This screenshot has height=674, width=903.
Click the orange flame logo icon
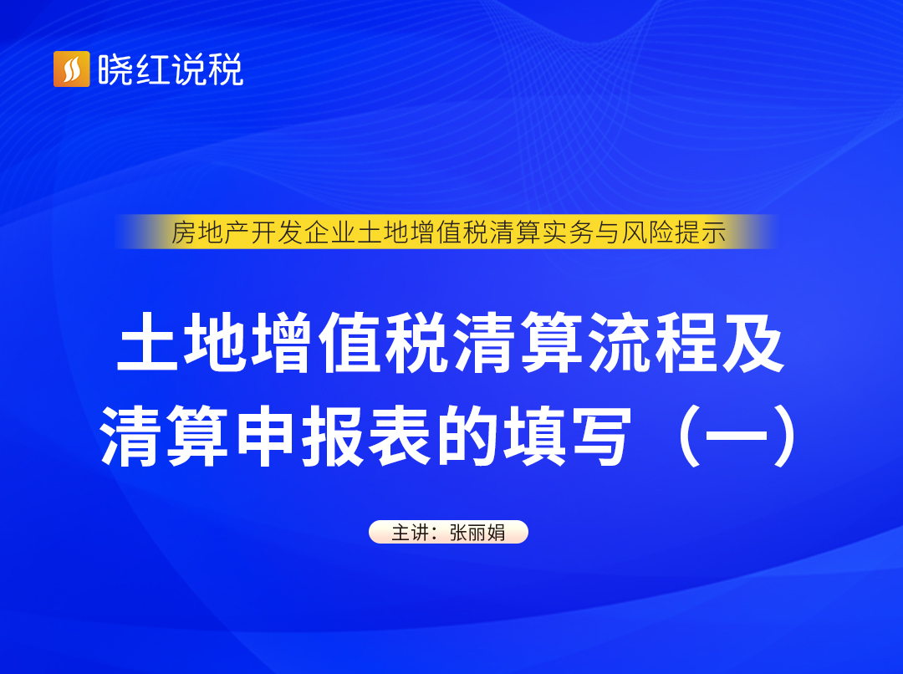[x=71, y=69]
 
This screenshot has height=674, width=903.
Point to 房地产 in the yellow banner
[x=210, y=232]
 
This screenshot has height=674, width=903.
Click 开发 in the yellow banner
[x=277, y=232]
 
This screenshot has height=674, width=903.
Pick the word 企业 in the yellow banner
[x=330, y=232]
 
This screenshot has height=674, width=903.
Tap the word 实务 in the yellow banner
[x=569, y=232]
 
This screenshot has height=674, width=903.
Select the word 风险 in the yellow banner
[x=648, y=232]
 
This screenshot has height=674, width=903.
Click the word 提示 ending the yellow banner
[x=701, y=232]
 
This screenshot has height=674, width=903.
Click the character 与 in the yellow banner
[x=608, y=232]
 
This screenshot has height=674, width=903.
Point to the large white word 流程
[x=653, y=342]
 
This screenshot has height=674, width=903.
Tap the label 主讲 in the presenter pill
[x=411, y=533]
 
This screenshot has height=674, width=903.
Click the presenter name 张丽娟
[x=477, y=533]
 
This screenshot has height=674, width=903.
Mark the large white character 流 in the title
[x=620, y=342]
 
